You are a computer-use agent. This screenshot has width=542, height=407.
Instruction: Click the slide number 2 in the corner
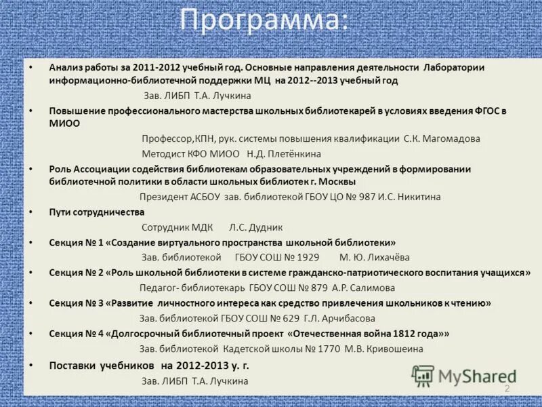506,389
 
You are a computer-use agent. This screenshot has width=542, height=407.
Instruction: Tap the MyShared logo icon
423,376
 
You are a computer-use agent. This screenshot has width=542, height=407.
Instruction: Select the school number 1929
306,257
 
